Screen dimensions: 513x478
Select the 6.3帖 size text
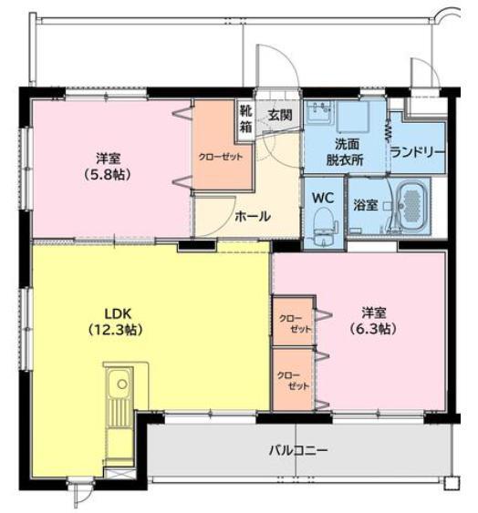coord(372,330)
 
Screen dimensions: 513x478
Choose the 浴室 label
coord(367,204)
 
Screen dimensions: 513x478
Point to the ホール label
coord(252,217)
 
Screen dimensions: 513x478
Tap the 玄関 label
coord(279,115)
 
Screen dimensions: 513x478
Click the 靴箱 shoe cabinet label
coord(245,119)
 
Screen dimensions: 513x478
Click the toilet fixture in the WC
coord(323,224)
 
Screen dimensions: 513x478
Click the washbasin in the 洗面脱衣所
coord(319,114)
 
